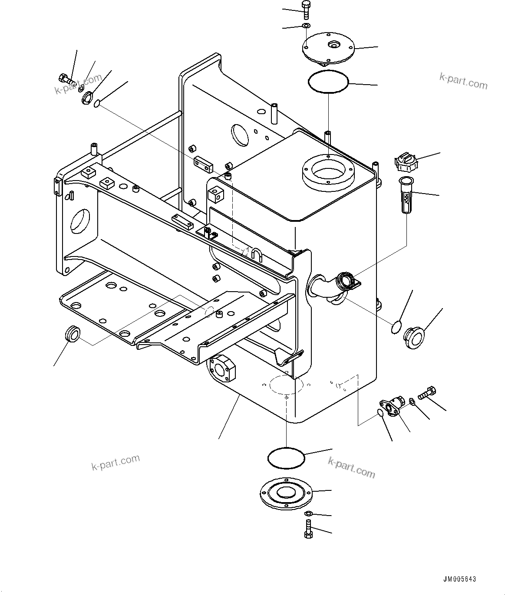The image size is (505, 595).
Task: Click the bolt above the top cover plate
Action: click(x=305, y=10)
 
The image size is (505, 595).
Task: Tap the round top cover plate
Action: click(x=328, y=48)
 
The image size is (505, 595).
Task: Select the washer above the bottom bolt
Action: click(x=308, y=514)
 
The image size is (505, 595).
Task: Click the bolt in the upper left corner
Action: click(x=63, y=79)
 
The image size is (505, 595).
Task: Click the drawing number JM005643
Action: click(x=459, y=579)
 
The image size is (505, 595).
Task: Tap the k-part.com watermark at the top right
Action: click(x=463, y=80)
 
